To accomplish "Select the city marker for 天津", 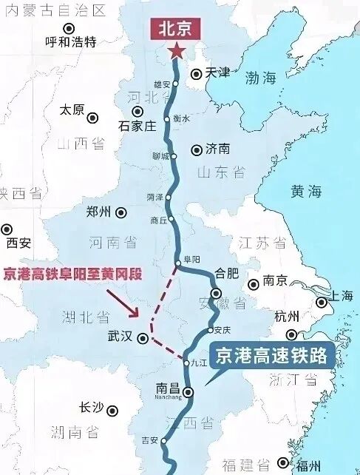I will (196, 73).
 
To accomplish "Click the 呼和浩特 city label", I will (71, 41).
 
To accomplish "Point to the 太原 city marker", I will (93, 118).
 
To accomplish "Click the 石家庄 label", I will (138, 126).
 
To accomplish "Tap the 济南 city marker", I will (197, 150).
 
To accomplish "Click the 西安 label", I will (18, 243).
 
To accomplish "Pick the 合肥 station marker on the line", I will (216, 294).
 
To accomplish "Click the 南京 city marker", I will (254, 283).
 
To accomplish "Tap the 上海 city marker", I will (322, 302).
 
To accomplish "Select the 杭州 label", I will (285, 317).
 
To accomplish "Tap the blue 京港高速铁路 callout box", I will (271, 357).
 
